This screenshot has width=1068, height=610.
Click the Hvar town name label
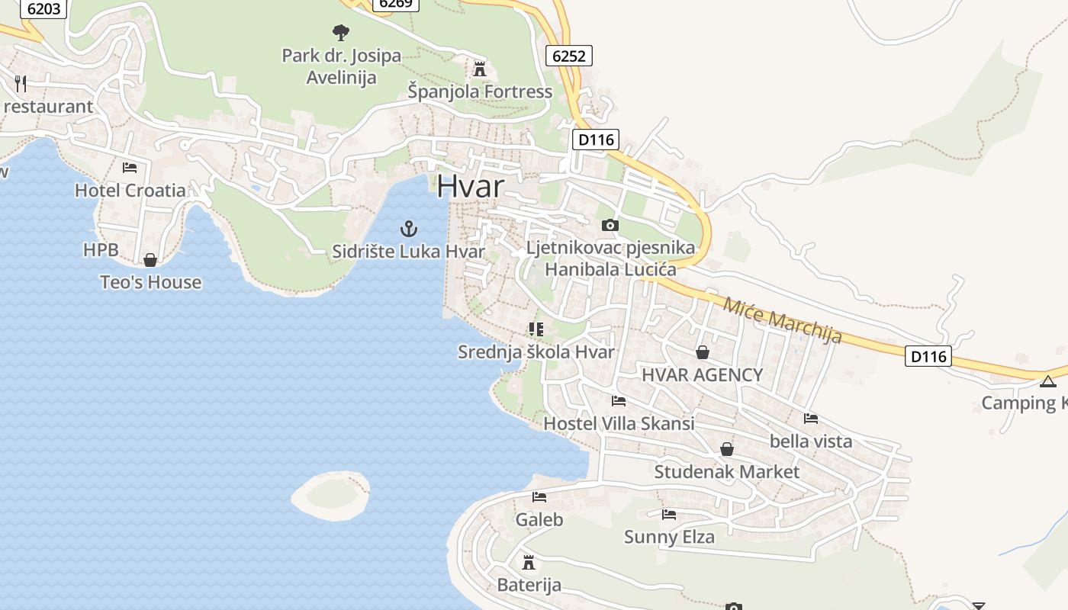pyautogui.click(x=471, y=187)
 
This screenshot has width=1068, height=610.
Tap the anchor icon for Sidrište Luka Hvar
pyautogui.click(x=410, y=228)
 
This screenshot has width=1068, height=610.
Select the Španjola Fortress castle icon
pyautogui.click(x=480, y=69)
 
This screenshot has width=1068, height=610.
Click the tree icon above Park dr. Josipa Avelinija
pyautogui.click(x=341, y=32)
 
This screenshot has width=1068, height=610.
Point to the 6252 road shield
pyautogui.click(x=569, y=56)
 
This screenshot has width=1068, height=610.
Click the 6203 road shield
pyautogui.click(x=43, y=9)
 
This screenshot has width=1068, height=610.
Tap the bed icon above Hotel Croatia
pyautogui.click(x=130, y=167)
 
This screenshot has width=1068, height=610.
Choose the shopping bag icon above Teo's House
pyautogui.click(x=150, y=260)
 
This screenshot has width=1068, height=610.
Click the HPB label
pyautogui.click(x=101, y=249)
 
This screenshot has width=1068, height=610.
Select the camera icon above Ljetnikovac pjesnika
pyautogui.click(x=610, y=225)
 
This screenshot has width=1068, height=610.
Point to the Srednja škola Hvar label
pyautogui.click(x=536, y=352)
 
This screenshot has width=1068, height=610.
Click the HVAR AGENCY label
pyautogui.click(x=702, y=374)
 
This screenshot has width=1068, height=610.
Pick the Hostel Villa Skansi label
pyautogui.click(x=619, y=423)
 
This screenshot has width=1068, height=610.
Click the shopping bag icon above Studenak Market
pyautogui.click(x=727, y=449)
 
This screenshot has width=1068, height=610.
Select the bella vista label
pyautogui.click(x=811, y=441)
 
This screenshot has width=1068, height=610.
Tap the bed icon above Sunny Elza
pyautogui.click(x=669, y=515)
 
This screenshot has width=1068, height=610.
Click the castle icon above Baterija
pyautogui.click(x=528, y=563)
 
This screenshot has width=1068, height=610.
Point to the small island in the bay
pyautogui.click(x=331, y=494)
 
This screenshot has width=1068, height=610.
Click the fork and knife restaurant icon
pyautogui.click(x=21, y=83)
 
